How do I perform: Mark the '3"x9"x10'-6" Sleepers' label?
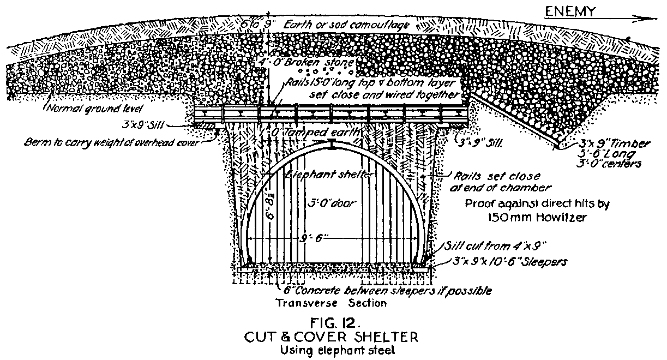tap(510, 262)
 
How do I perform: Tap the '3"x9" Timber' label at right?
tap(606, 144)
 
